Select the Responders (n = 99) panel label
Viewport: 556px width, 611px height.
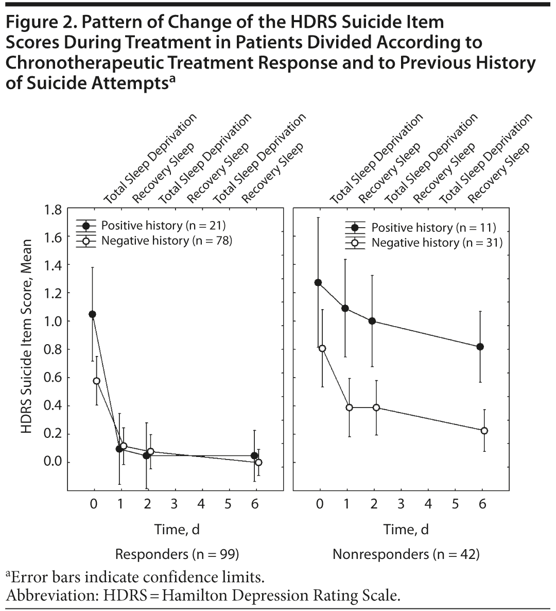(x=176, y=554)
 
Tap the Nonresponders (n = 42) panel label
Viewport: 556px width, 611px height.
(x=406, y=554)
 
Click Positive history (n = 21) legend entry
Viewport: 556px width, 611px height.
(x=163, y=225)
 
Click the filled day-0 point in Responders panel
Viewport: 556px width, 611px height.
(x=93, y=314)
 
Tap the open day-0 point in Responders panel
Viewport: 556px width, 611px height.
(x=96, y=381)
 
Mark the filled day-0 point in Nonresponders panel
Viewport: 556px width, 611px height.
(x=318, y=282)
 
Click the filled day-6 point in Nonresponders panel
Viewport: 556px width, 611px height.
(x=480, y=347)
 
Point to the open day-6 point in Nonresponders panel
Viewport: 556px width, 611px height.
(x=484, y=431)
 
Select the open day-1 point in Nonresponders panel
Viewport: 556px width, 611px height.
(x=349, y=408)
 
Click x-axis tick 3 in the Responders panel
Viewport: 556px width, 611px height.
(x=174, y=504)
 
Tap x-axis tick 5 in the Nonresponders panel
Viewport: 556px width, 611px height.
(x=455, y=504)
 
